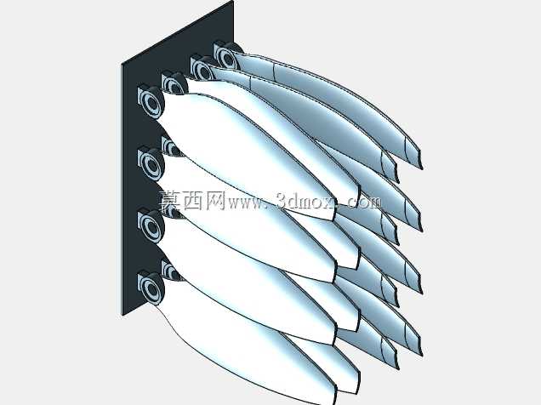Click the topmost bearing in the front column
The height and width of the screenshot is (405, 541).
point(151,102)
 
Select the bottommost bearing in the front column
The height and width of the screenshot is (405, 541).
point(151,288)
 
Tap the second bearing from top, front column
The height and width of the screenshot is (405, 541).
point(151,164)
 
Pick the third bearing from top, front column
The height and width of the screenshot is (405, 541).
point(151,226)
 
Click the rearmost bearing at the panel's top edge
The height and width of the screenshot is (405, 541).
point(227,56)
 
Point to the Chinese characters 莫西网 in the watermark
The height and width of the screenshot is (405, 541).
point(192,201)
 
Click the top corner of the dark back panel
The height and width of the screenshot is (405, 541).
point(233,1)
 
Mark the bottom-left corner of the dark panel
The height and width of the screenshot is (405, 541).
point(122,315)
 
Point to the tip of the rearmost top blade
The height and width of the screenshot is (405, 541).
point(422,168)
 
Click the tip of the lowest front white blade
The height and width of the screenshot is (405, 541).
point(334,404)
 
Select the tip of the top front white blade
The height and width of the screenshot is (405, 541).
point(333,220)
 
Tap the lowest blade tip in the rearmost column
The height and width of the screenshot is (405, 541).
point(422,356)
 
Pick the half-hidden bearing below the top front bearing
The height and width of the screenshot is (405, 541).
point(170,146)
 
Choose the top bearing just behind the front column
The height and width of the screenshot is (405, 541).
point(174,83)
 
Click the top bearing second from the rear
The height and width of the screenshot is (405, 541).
point(202,68)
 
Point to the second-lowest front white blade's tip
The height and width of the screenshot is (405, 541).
point(334,344)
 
